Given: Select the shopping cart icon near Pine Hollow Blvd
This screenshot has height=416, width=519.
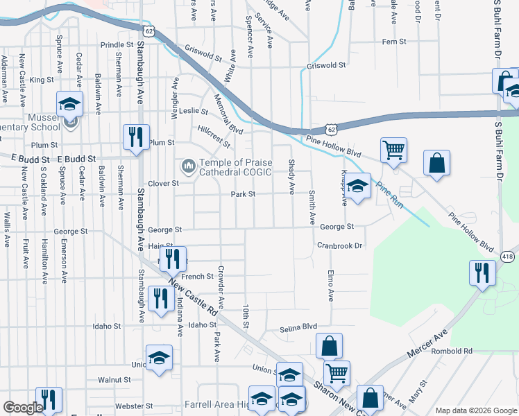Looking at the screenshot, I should [x=393, y=149].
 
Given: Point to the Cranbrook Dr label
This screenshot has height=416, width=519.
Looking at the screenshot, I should [x=340, y=245].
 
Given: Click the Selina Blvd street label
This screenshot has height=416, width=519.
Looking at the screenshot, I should [x=298, y=326].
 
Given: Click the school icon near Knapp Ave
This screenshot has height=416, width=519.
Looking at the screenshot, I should [x=357, y=187].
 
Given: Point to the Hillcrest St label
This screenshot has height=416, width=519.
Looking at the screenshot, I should [x=214, y=136].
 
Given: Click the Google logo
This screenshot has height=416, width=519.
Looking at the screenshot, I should [x=23, y=408].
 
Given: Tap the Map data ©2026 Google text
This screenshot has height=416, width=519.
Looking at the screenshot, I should [x=476, y=410].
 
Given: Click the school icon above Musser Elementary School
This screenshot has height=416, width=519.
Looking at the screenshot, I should [x=69, y=103].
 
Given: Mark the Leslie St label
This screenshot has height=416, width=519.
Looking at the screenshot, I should [x=194, y=111].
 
